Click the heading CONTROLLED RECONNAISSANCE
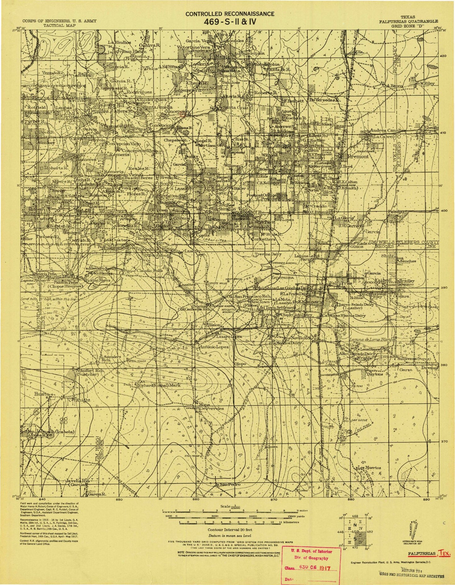click(230, 14)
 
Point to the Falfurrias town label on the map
click(340, 283)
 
